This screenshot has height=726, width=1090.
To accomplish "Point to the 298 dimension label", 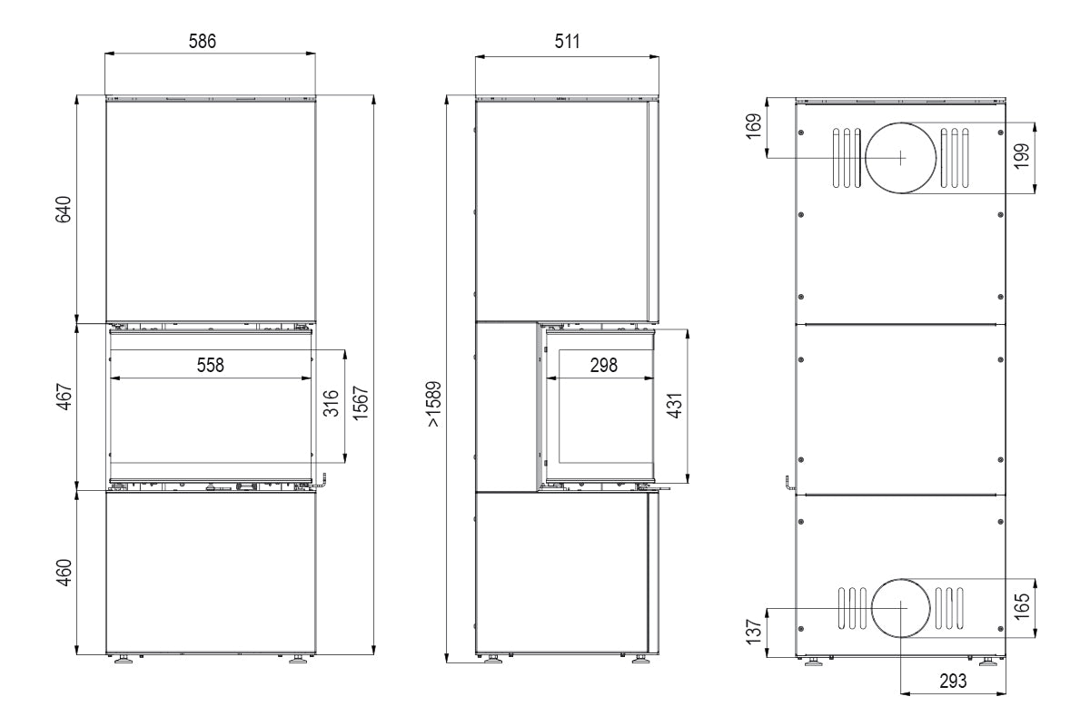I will [603, 365].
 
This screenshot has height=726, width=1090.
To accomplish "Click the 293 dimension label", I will [952, 681].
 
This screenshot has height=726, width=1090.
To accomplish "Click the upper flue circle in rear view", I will [899, 157].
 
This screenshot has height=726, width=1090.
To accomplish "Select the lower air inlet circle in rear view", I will [900, 607].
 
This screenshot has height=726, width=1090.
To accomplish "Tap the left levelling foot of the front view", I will [121, 660].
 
